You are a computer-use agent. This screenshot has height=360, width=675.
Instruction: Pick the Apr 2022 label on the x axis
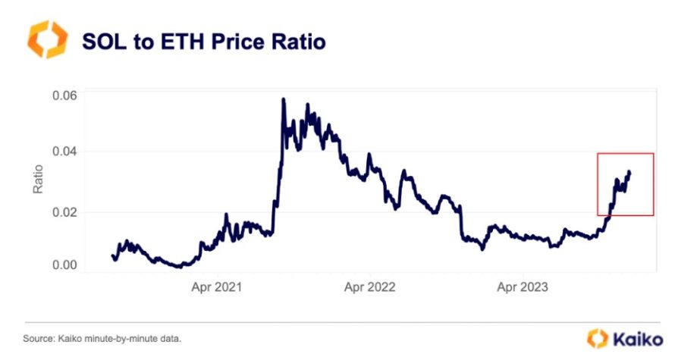[369, 288]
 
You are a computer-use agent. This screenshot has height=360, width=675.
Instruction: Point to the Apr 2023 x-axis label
[521, 288]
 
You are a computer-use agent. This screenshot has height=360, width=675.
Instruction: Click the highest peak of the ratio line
[283, 99]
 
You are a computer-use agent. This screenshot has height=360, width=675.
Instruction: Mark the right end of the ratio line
[629, 172]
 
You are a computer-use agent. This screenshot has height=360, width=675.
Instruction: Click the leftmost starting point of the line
[112, 256]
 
